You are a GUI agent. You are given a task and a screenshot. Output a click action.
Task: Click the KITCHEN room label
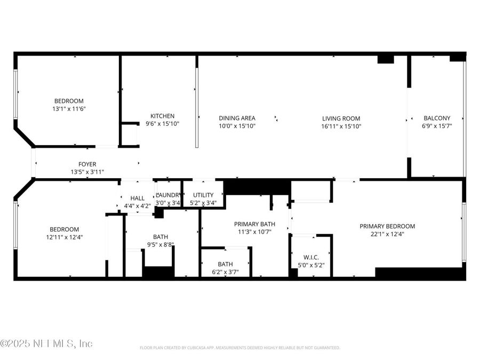(162, 116)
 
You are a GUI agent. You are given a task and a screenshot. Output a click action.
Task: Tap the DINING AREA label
(237, 118)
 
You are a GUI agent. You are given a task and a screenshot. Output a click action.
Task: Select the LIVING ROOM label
(341, 118)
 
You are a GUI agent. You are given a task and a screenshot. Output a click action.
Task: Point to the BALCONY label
(437, 118)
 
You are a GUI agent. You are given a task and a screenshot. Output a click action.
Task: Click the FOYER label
(87, 164)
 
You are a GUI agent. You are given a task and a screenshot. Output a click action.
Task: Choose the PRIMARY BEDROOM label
(387, 226)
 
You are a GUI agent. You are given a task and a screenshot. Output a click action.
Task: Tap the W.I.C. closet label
(310, 257)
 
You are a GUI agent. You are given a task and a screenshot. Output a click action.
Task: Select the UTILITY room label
(203, 195)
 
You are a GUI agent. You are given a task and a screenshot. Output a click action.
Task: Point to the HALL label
(138, 198)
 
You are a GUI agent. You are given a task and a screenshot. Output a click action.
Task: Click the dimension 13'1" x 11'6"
(69, 109)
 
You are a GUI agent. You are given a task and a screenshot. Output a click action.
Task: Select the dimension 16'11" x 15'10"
(341, 126)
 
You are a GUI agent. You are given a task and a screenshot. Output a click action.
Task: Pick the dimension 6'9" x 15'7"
(437, 126)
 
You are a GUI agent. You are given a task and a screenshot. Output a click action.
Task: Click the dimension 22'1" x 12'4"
(387, 234)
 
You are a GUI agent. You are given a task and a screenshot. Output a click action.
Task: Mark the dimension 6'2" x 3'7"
(225, 272)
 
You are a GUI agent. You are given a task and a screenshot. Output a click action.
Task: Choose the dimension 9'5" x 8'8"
(160, 245)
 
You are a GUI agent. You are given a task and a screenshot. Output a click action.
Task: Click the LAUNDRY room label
(169, 195)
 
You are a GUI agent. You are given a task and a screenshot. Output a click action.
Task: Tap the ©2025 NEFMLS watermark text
(47, 344)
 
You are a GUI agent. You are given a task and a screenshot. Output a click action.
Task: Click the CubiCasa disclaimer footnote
(239, 348)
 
